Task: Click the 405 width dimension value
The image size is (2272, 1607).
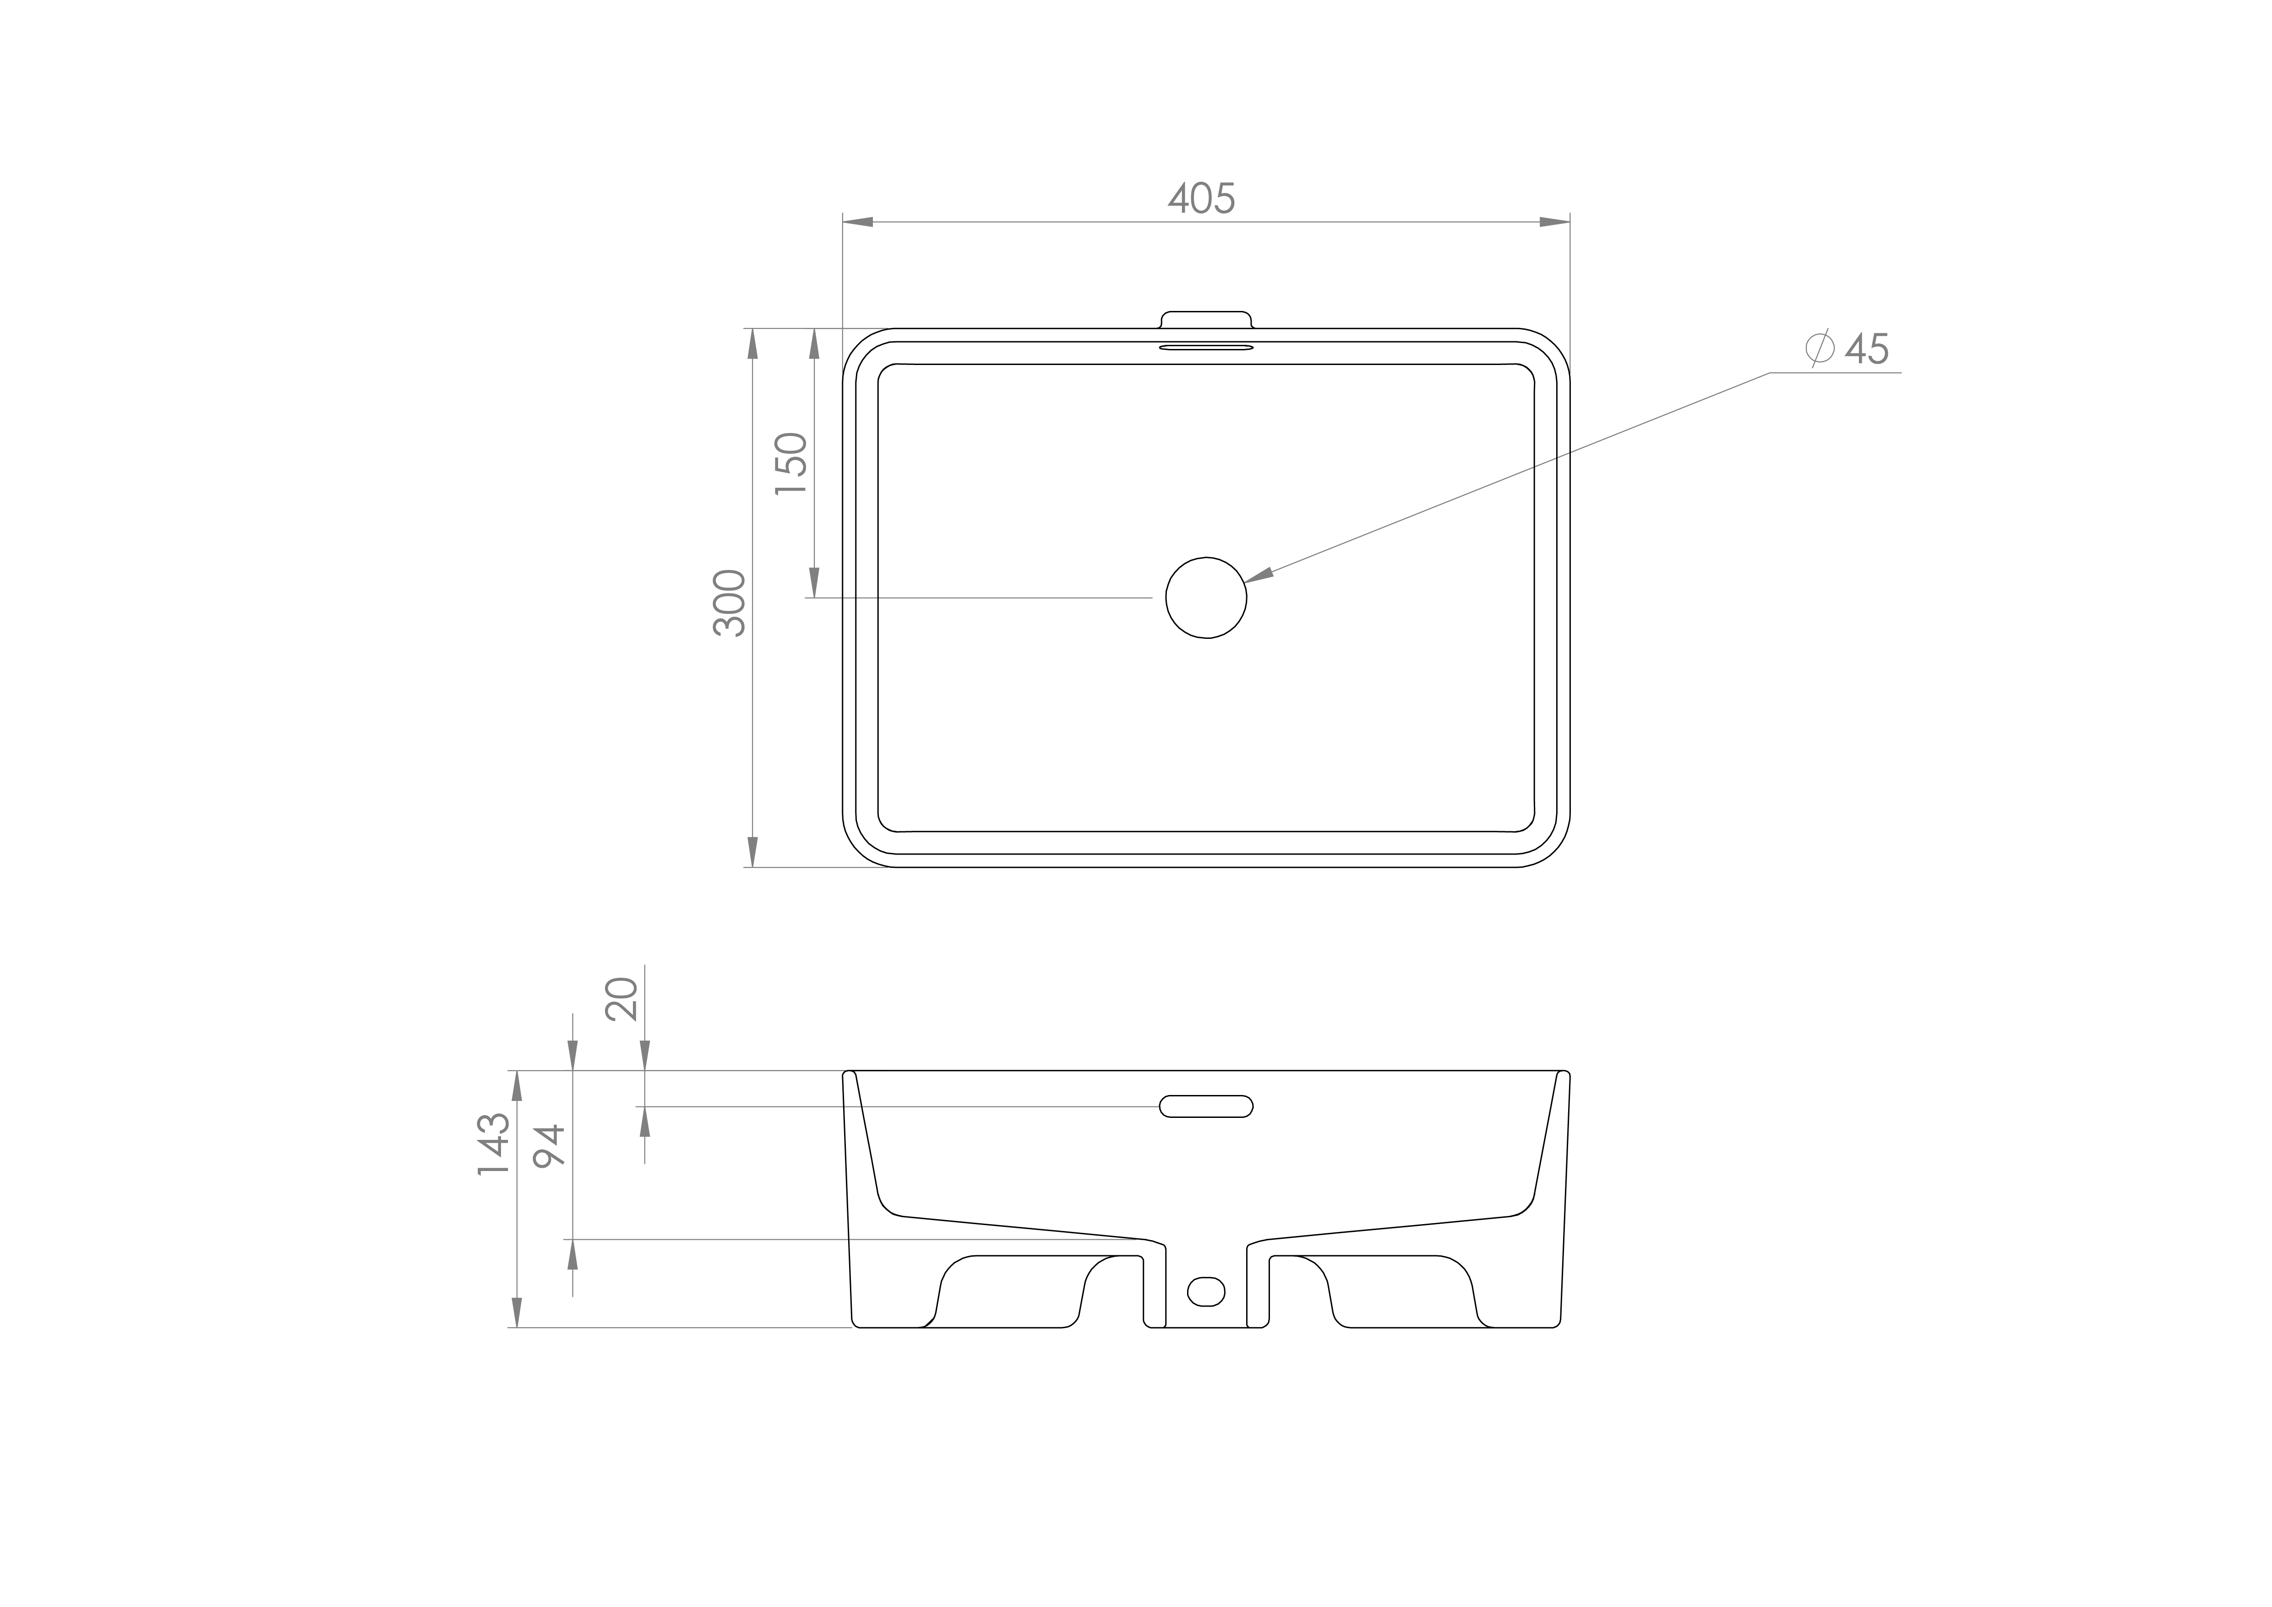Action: tap(1201, 199)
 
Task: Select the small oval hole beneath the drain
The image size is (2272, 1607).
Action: tap(1205, 1291)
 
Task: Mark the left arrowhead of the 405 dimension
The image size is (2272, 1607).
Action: tap(857, 222)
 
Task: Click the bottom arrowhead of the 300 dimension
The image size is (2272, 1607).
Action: tap(753, 852)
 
